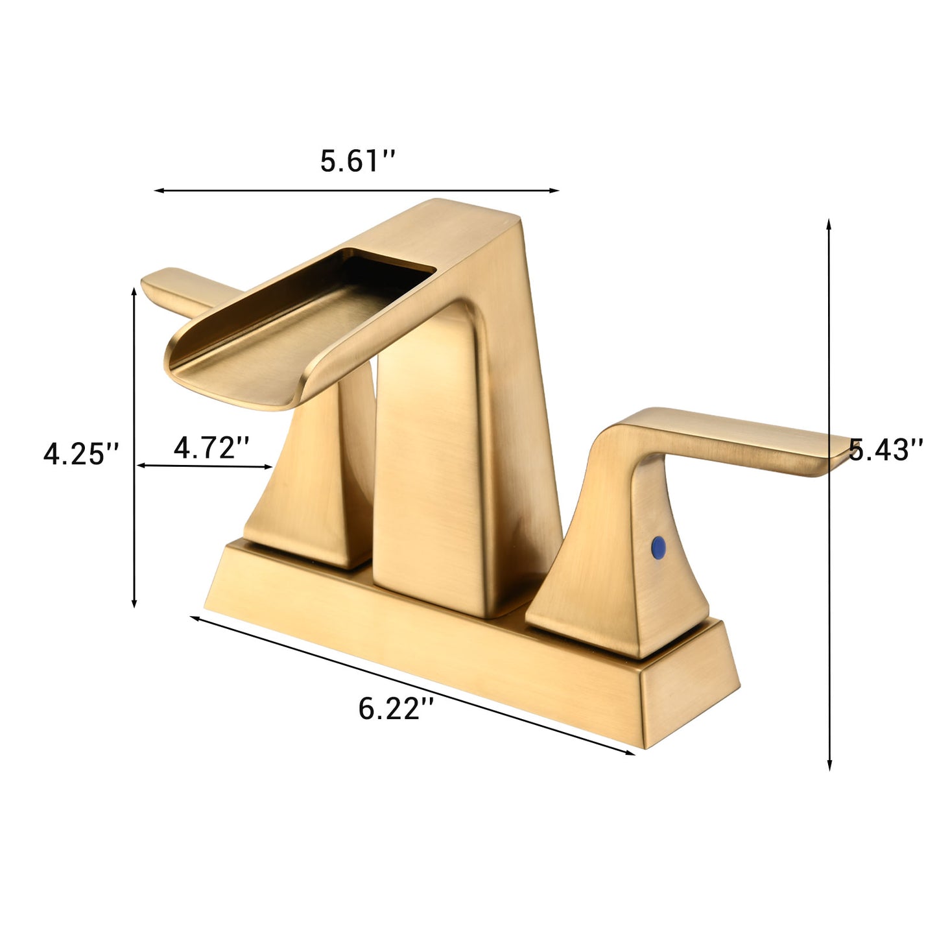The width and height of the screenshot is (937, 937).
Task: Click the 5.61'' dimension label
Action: (x=357, y=161)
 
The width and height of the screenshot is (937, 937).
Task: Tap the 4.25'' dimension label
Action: (x=82, y=453)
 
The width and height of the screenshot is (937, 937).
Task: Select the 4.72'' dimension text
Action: (x=211, y=447)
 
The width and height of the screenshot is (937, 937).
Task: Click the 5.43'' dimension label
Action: (x=886, y=449)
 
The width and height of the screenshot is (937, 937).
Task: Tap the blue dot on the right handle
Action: (x=659, y=546)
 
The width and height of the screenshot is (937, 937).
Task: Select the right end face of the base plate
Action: (x=687, y=707)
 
